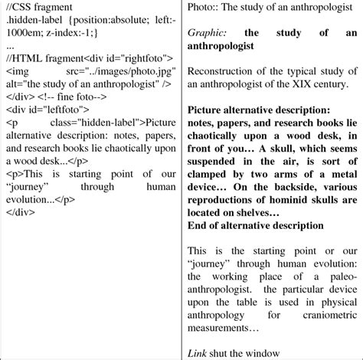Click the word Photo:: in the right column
click(x=204, y=9)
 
